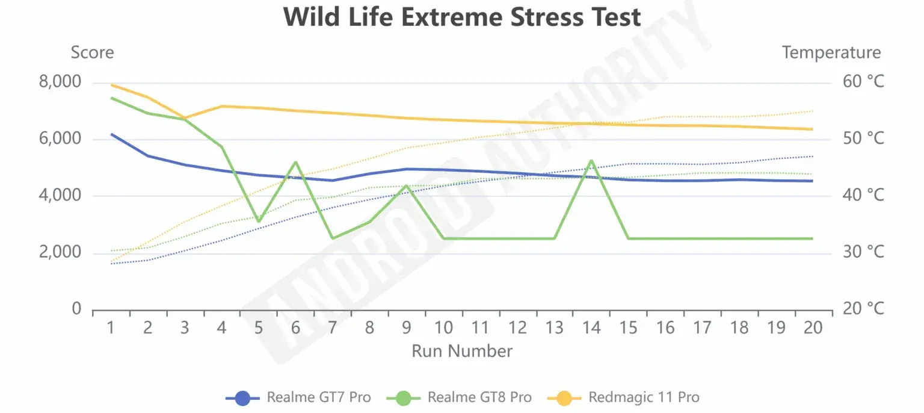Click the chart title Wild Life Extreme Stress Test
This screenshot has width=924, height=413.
462,17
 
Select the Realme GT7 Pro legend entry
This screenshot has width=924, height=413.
299,397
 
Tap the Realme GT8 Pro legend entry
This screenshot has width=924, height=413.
460,397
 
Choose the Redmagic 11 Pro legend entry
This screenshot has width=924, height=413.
624,397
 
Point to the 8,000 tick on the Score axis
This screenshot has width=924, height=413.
60,81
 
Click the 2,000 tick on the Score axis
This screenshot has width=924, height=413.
60,252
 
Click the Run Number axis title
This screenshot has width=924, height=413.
462,351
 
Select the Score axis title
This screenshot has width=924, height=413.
92,53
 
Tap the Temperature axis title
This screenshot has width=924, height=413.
831,53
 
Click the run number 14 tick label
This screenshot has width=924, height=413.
591,328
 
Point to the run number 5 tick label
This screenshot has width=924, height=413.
259,328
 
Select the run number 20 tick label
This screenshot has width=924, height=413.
813,328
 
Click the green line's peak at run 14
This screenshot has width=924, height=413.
591,161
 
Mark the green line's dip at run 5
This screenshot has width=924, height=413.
259,222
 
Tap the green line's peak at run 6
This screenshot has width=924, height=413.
295,162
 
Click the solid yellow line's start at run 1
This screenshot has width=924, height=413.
111,85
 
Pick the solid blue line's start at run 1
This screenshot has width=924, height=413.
111,134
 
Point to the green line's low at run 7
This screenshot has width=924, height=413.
333,238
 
